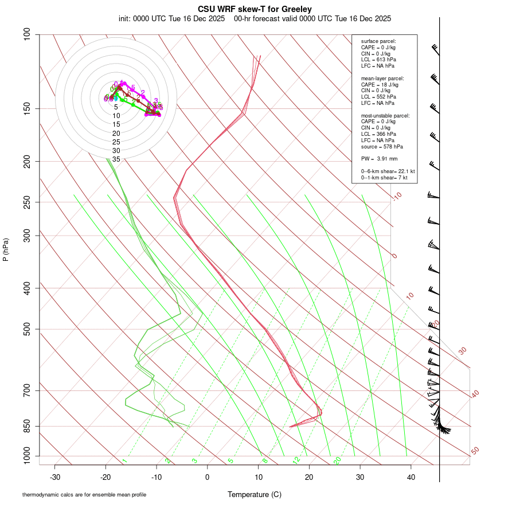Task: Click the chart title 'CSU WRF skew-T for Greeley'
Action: [x=255, y=9]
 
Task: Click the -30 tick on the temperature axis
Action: [x=55, y=476]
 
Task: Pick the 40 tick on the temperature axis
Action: [x=411, y=476]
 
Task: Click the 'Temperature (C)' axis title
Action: [x=255, y=494]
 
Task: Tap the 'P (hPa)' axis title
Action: [x=6, y=249]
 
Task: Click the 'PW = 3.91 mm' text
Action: [x=376, y=159]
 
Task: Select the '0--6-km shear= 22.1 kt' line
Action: [x=388, y=171]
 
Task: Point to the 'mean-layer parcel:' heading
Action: [x=382, y=78]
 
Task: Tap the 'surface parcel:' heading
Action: [x=378, y=41]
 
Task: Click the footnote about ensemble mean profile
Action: [x=84, y=494]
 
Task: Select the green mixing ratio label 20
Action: [x=338, y=460]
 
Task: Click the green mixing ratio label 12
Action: [x=296, y=460]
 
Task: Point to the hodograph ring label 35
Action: [x=116, y=159]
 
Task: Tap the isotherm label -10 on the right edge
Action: [x=397, y=196]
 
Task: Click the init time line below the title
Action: [x=255, y=18]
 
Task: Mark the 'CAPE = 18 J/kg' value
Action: [x=380, y=84]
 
